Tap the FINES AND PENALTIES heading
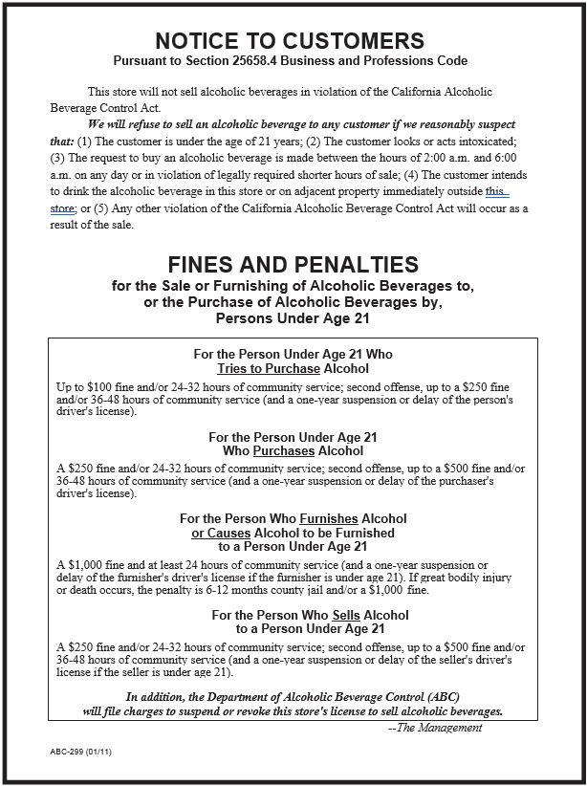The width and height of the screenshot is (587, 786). click(x=293, y=265)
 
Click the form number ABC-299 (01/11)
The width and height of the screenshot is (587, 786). click(x=78, y=753)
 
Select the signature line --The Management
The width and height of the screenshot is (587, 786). click(x=435, y=728)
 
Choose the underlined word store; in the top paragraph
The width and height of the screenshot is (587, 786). click(x=64, y=208)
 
